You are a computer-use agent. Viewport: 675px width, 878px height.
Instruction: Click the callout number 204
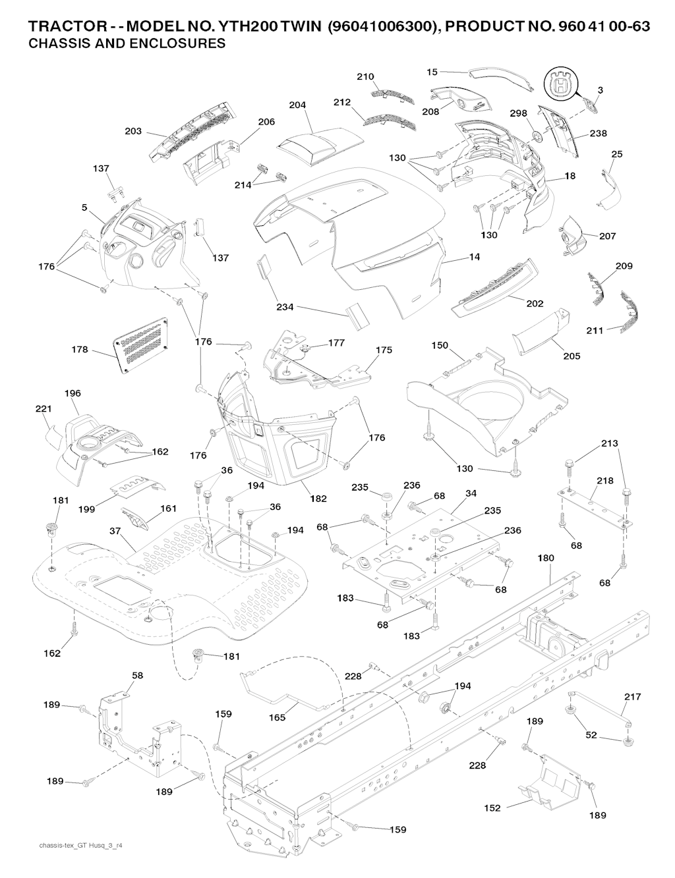click(298, 105)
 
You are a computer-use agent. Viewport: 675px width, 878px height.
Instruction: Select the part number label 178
click(80, 350)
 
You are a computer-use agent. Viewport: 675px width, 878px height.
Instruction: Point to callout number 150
click(440, 345)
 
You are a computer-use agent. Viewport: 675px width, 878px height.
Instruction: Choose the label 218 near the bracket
click(604, 481)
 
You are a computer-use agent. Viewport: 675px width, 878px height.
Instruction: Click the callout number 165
click(278, 717)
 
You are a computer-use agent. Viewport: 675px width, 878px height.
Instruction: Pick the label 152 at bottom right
click(492, 808)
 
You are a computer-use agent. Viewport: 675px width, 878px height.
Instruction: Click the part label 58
click(137, 675)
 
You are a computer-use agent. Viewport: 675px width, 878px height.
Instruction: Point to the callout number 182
click(318, 499)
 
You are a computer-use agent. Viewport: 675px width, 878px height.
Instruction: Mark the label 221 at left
click(43, 409)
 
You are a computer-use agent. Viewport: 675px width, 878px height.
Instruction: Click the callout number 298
click(519, 113)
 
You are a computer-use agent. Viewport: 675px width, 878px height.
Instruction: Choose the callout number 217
click(632, 696)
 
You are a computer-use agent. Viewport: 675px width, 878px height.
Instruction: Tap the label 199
click(86, 508)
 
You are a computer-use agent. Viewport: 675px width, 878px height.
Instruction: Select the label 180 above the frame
click(546, 558)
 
